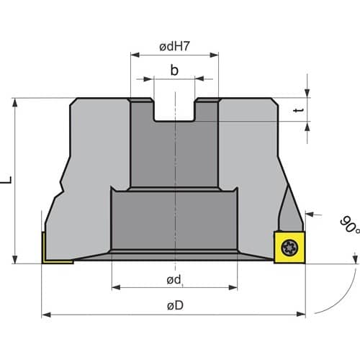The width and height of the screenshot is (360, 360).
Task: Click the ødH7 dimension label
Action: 174,46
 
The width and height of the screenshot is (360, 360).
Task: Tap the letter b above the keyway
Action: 174,70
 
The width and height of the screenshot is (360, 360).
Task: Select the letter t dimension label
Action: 299,110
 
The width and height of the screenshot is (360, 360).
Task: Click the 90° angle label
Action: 350,225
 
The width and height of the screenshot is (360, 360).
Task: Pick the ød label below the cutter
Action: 174,279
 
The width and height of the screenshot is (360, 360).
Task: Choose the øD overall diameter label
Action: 175,305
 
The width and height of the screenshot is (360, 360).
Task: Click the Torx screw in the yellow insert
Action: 289,248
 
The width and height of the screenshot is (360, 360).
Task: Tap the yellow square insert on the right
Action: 289,248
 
